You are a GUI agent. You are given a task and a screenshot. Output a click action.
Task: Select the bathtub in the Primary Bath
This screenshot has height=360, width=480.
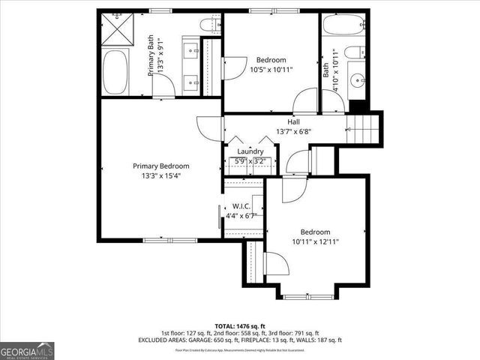tap(115, 73)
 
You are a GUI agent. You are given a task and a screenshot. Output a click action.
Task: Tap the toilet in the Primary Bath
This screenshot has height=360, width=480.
tap(211, 25)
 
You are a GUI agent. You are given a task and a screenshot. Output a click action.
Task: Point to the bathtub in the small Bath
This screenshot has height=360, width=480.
tap(345, 27)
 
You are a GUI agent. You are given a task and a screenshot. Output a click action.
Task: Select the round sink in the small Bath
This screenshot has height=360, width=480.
tap(356, 79)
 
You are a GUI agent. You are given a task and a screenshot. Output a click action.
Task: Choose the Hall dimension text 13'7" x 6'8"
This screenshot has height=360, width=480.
tap(294, 131)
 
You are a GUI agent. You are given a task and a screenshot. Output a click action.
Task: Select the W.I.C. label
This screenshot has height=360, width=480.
tap(241, 206)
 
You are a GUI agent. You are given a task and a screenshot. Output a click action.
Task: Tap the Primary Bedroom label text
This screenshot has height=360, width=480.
tap(160, 166)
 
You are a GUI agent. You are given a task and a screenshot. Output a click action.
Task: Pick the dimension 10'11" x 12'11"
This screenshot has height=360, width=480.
tap(315, 241)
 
